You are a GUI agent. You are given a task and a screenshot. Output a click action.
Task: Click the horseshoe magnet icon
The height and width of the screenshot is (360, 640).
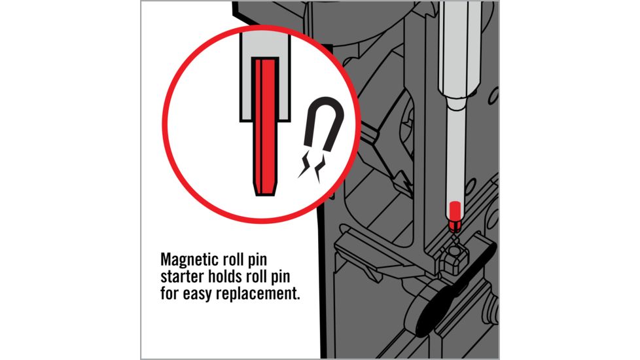[325, 123]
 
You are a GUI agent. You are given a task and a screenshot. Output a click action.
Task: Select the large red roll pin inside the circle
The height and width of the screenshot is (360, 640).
[265, 126]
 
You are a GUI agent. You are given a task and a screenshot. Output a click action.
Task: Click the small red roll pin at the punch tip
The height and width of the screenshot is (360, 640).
[455, 215]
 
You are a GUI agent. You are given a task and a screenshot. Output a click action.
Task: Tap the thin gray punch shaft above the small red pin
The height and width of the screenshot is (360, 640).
[455, 155]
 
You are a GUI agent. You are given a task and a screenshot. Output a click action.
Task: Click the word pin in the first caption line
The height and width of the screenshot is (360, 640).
[257, 260]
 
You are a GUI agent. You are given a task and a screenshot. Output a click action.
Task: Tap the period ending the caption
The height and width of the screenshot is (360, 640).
[297, 298]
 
